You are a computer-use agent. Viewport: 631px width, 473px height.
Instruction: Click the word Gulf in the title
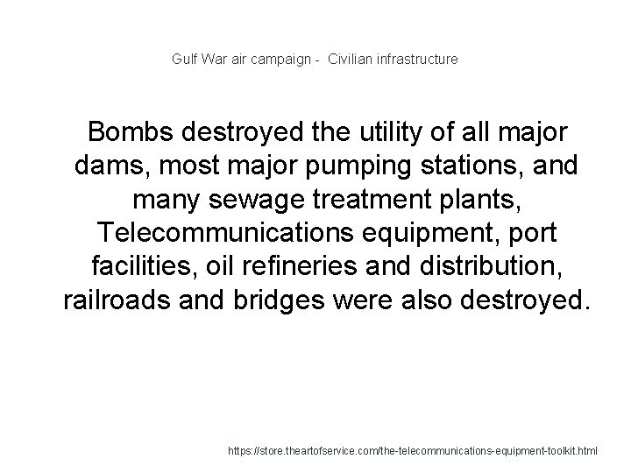coord(184,60)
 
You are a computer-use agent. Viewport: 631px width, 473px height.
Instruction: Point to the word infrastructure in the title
coord(417,60)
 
